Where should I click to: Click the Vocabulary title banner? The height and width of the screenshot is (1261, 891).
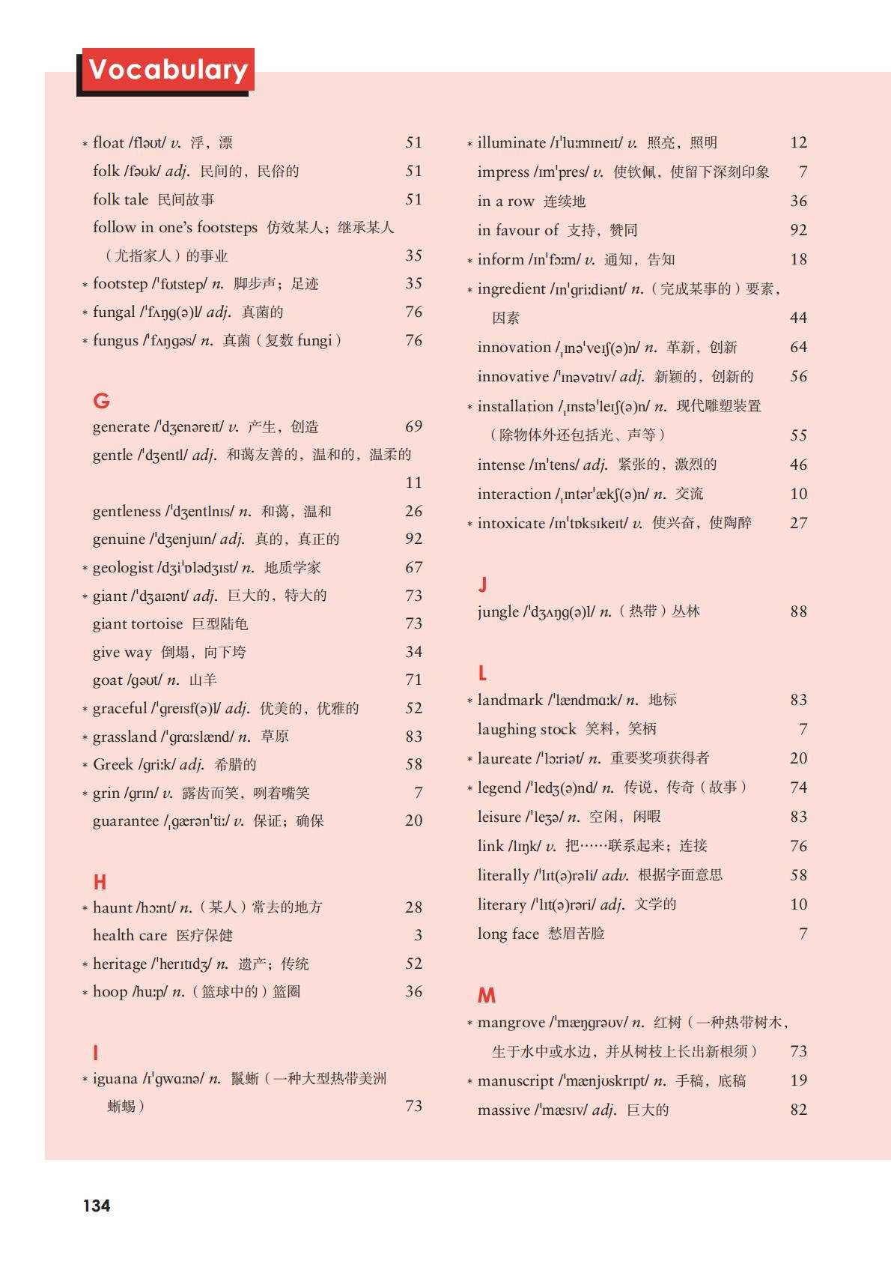(x=168, y=70)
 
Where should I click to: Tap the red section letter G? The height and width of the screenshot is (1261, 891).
(x=101, y=401)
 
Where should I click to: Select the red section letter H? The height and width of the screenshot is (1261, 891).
(x=100, y=882)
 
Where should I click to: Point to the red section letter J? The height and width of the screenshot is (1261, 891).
(x=483, y=584)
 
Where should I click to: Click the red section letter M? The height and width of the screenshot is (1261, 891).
(x=487, y=995)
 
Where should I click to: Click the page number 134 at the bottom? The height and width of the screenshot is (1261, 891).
(x=97, y=1206)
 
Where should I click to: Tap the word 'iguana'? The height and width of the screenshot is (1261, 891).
(x=115, y=1079)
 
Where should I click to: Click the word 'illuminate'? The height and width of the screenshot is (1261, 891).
(x=511, y=143)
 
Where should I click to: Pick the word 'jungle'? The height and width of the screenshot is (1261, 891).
(x=498, y=612)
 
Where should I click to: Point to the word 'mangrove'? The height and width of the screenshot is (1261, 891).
(x=511, y=1023)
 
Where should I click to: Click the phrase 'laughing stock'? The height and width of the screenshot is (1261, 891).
(x=526, y=729)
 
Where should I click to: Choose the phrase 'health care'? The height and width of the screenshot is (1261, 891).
(x=130, y=936)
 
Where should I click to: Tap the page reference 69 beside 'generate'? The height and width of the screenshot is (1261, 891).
(x=414, y=427)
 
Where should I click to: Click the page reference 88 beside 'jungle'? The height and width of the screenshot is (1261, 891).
(x=799, y=612)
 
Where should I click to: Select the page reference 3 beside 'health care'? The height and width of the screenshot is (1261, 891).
(x=419, y=936)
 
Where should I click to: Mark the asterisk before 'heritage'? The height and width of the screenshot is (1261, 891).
(x=85, y=965)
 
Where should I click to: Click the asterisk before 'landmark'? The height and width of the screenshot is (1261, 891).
(x=470, y=701)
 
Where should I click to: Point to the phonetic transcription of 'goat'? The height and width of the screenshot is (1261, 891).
(x=145, y=680)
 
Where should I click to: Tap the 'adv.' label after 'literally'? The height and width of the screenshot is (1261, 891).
(x=615, y=875)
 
